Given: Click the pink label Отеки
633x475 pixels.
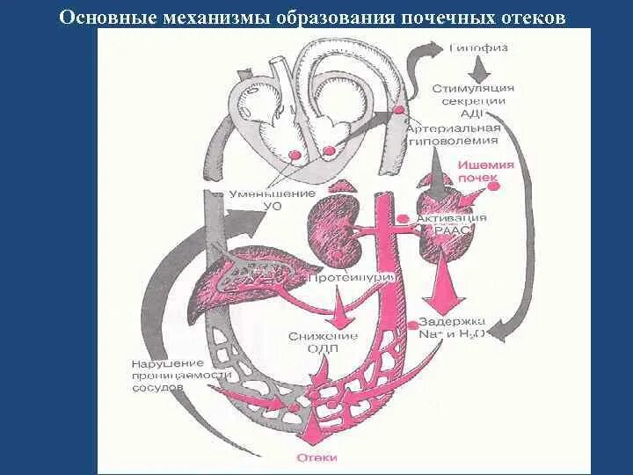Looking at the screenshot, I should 315,457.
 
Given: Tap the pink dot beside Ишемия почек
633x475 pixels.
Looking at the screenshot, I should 494,186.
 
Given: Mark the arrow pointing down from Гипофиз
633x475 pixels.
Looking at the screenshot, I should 476,68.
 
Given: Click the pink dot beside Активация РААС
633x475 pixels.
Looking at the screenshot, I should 404,218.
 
